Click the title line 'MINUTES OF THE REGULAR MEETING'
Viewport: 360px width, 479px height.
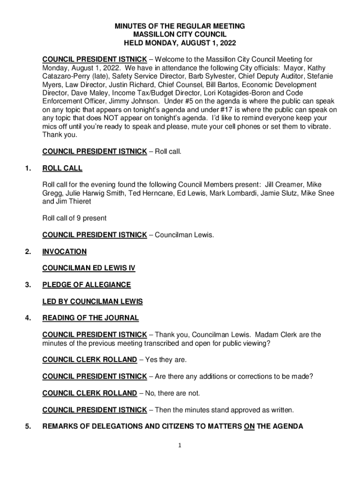pos(180,26)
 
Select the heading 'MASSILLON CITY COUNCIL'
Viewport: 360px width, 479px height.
pos(180,35)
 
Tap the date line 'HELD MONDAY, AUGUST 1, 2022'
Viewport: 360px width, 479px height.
pos(180,43)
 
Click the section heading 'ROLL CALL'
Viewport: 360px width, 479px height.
pos(62,168)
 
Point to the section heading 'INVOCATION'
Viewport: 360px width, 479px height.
pos(65,252)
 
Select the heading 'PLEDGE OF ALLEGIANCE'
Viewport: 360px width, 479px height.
pos(86,285)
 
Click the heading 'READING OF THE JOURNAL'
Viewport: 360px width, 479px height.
pos(90,318)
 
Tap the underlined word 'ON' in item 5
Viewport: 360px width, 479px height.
pos(249,427)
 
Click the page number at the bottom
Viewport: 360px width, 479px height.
pos(180,445)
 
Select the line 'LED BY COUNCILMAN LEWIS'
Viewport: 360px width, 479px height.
pos(93,302)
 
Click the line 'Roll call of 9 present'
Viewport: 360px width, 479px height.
pos(74,218)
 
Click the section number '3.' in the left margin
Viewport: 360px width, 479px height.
pos(29,285)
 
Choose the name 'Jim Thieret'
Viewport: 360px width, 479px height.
pos(74,202)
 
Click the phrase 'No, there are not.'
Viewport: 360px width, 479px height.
pos(173,393)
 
